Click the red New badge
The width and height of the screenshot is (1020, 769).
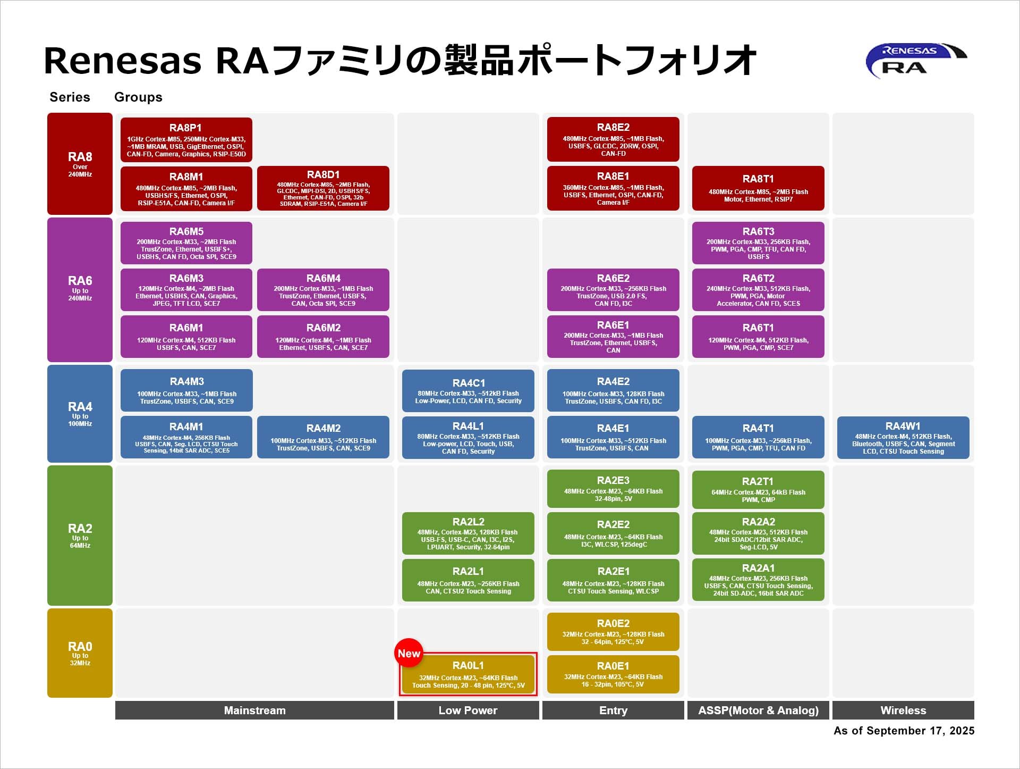[409, 653]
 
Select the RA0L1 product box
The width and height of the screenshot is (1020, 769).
[468, 674]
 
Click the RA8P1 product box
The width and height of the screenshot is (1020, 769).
[186, 139]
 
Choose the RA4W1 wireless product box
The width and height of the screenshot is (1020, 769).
[903, 438]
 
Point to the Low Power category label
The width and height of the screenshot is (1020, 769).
[467, 711]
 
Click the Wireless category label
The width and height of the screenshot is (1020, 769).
[903, 711]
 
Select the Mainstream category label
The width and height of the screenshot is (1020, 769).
[254, 711]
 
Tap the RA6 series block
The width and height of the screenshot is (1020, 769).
[80, 289]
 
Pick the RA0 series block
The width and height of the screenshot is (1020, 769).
[80, 653]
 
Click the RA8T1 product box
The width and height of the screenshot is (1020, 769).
[758, 188]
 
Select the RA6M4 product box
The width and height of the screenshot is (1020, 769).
[323, 290]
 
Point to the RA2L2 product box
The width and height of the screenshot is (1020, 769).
[468, 533]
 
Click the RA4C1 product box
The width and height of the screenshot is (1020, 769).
[468, 390]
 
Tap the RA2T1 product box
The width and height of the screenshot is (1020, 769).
[758, 489]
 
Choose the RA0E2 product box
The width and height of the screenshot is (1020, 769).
[613, 631]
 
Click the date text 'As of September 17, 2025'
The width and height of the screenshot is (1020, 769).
[904, 731]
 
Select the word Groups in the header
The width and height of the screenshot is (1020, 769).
[138, 97]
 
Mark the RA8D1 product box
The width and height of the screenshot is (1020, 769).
[323, 188]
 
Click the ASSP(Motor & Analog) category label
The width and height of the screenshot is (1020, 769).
[758, 711]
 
